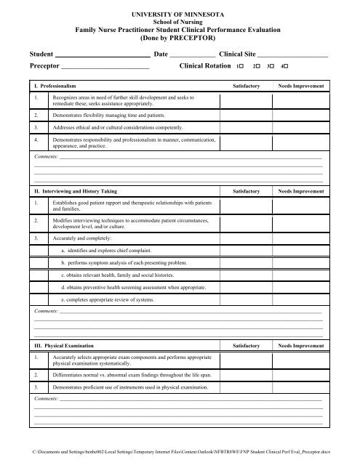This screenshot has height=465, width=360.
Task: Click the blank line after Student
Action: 102,55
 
